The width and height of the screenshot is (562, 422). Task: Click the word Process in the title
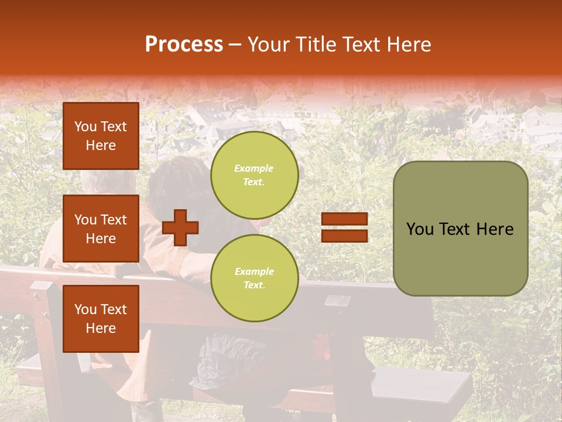pos(184,45)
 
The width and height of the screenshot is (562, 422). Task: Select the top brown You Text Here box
pos(101,136)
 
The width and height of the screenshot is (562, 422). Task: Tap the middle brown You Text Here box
pos(101,229)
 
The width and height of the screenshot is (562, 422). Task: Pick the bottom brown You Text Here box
pos(101,318)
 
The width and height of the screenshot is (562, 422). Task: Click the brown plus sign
pos(180,227)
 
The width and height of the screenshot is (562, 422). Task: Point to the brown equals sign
pos(344,227)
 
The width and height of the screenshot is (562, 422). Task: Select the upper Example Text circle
pos(254,175)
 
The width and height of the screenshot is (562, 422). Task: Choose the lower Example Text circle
pos(254,278)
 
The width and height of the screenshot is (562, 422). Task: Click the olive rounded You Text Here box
pos(460,229)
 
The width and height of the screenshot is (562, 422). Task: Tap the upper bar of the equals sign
pos(344,219)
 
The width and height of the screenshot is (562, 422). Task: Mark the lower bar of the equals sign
pos(344,236)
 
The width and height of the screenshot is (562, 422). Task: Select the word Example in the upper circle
pos(254,168)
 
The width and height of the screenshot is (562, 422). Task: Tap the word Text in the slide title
pos(363,45)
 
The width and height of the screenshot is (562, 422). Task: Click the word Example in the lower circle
pos(254,271)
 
